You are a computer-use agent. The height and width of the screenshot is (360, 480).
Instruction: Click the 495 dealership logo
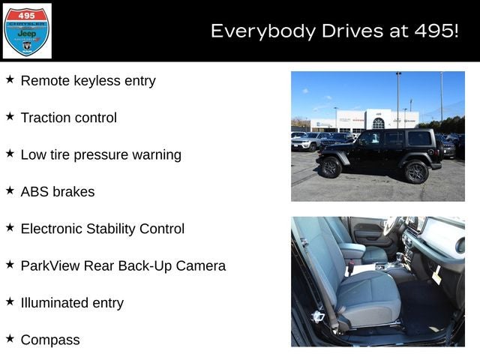pos(27,31)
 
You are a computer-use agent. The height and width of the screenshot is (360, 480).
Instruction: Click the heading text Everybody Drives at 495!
pos(334,31)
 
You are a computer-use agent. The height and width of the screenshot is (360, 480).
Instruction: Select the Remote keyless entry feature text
pos(88,80)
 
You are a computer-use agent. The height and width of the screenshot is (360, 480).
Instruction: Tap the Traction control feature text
pos(68,118)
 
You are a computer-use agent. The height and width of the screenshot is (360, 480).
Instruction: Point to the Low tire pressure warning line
pos(100,154)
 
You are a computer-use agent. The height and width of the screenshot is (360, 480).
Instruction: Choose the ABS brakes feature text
pos(58,191)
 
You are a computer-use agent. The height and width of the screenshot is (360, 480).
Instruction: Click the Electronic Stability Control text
pos(102,229)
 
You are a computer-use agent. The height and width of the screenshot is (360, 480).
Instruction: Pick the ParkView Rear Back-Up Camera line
pos(123,265)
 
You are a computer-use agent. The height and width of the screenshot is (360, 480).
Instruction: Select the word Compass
pos(50,340)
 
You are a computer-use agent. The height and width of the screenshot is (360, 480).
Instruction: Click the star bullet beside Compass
pos(10,339)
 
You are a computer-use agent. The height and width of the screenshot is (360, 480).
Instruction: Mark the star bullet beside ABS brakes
pos(10,190)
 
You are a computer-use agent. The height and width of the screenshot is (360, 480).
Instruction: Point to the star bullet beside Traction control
pos(10,117)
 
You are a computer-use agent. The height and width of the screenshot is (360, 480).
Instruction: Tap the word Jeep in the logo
pos(27,34)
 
